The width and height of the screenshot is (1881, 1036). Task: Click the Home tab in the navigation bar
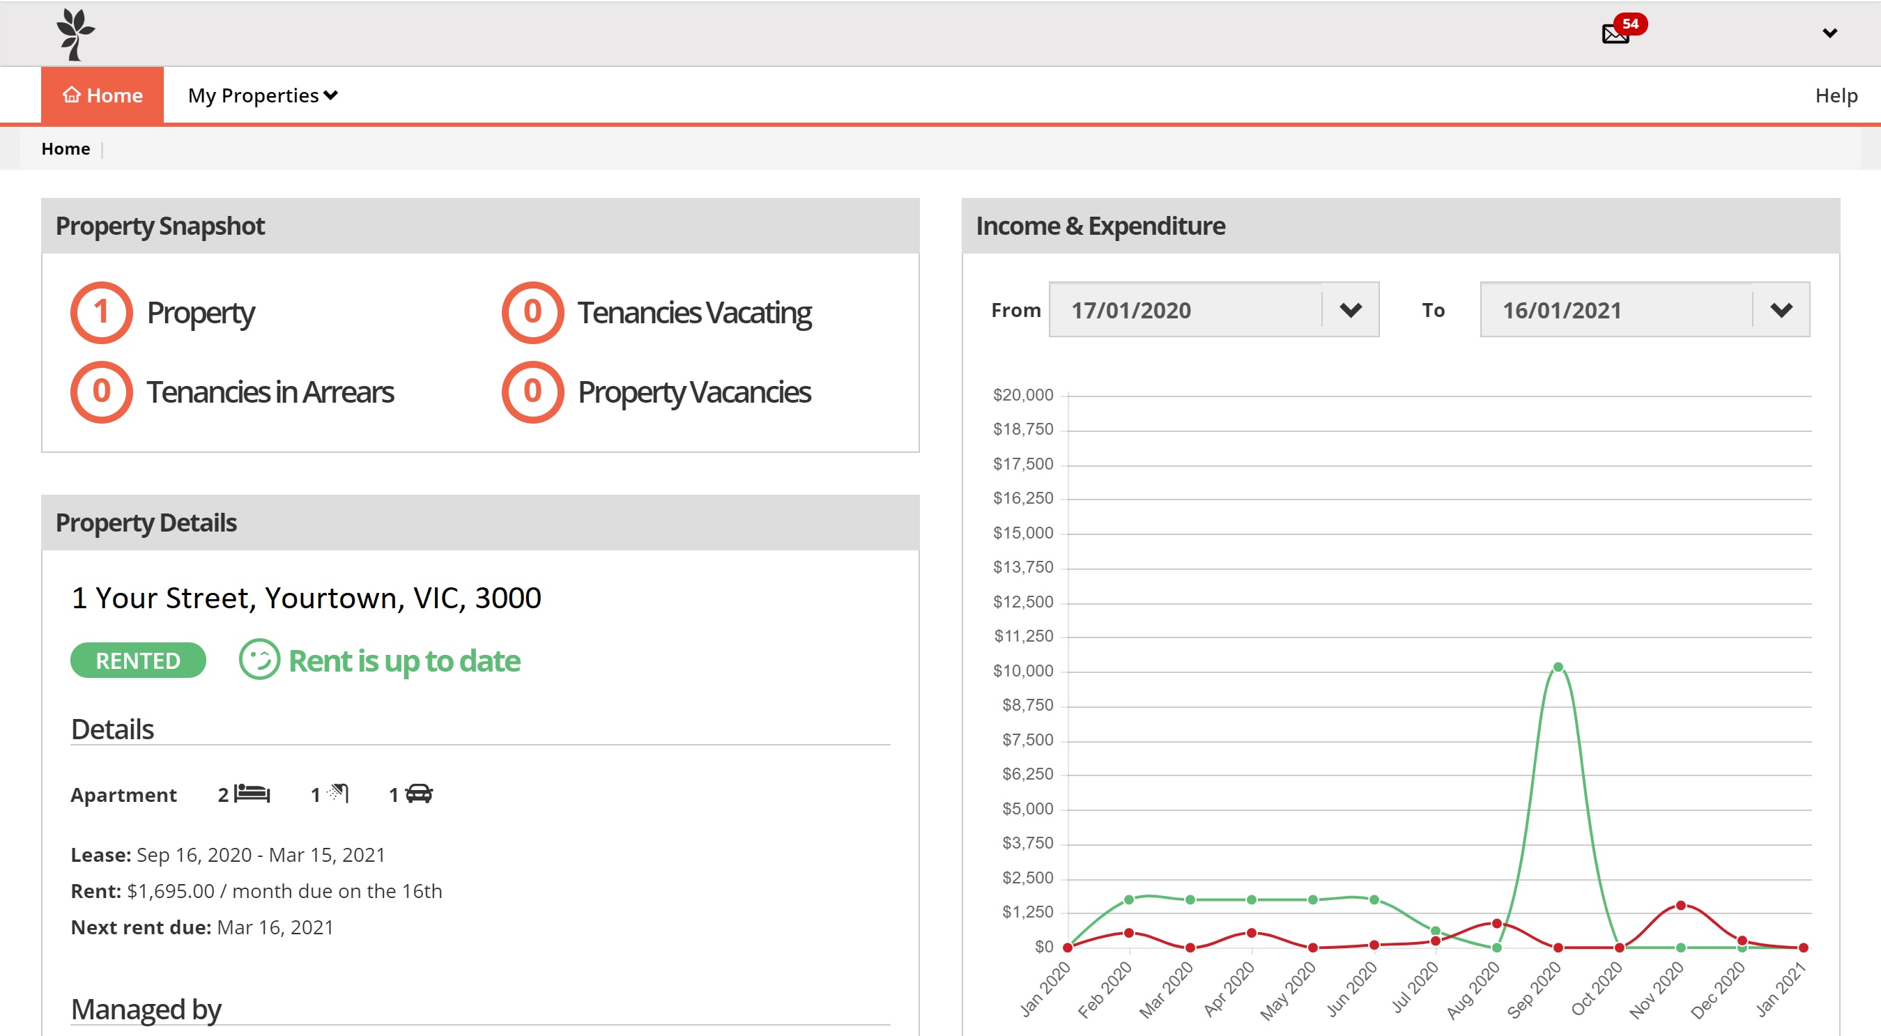click(x=102, y=95)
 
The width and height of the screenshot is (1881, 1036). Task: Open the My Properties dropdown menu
click(x=263, y=95)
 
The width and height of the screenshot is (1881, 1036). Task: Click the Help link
click(x=1836, y=95)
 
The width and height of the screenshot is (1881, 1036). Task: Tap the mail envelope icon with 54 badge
click(x=1615, y=33)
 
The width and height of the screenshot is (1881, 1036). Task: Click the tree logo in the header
click(x=75, y=34)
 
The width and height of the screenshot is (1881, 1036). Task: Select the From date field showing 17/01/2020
click(x=1185, y=309)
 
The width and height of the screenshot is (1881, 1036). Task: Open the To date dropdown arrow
click(x=1781, y=310)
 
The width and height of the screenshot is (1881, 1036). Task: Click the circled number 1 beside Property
click(x=102, y=313)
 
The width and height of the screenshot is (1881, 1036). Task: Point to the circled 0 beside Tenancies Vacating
click(x=532, y=313)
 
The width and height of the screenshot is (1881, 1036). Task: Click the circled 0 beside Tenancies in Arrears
click(x=102, y=392)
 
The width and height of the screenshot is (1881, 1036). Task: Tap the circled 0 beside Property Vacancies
click(x=532, y=392)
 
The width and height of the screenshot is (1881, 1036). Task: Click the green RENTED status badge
click(x=138, y=660)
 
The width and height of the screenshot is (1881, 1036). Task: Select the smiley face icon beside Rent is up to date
click(x=259, y=659)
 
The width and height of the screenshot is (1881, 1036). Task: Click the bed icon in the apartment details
click(x=252, y=793)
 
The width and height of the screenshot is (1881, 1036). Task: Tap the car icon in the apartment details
click(x=419, y=794)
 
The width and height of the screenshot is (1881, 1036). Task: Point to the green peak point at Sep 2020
click(x=1558, y=667)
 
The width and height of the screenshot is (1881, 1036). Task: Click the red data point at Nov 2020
click(x=1680, y=905)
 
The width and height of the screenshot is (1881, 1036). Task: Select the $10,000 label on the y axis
click(x=1023, y=670)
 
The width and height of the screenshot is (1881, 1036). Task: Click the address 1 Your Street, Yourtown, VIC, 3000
click(x=307, y=598)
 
